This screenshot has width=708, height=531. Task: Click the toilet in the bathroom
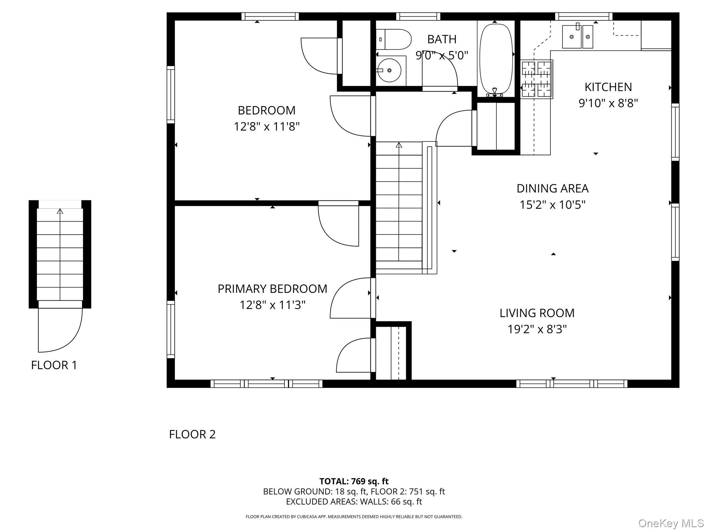(x=394, y=39)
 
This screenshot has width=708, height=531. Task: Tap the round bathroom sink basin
(x=390, y=71)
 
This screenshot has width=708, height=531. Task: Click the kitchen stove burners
(x=536, y=79)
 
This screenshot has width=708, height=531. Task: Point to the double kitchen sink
(x=577, y=36)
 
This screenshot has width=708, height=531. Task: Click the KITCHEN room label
(x=608, y=87)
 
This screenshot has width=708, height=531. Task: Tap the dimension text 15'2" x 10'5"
(x=552, y=205)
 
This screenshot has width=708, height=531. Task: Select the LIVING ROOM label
(x=537, y=313)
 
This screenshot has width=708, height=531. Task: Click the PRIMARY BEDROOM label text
(x=272, y=289)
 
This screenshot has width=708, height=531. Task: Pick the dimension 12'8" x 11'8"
(x=267, y=127)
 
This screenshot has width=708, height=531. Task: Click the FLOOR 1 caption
(x=54, y=365)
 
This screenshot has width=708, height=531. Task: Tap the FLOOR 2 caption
(x=192, y=434)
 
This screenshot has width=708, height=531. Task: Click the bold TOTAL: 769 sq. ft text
(x=354, y=481)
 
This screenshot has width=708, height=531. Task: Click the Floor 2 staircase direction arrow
(x=399, y=145)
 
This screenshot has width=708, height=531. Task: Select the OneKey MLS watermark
(x=671, y=523)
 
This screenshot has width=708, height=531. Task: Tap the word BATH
(x=442, y=39)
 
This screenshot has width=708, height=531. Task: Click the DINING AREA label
(x=552, y=188)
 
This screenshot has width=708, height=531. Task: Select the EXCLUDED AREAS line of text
(x=354, y=502)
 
